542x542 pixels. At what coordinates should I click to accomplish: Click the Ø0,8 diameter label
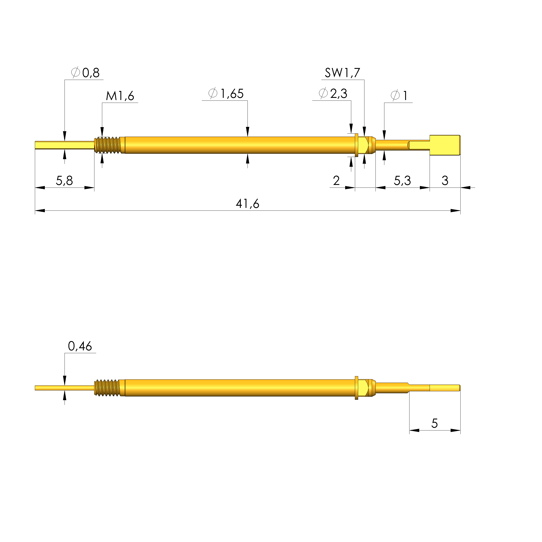point(86,73)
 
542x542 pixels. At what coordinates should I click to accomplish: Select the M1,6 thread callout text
point(120,96)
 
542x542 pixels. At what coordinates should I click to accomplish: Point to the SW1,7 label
point(342,73)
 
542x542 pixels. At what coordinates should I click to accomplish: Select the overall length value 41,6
point(248,204)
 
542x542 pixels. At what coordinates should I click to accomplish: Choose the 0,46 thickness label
point(80,347)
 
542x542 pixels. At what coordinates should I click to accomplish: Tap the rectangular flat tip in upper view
point(445,145)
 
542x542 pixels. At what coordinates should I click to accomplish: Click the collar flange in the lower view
point(357,388)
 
